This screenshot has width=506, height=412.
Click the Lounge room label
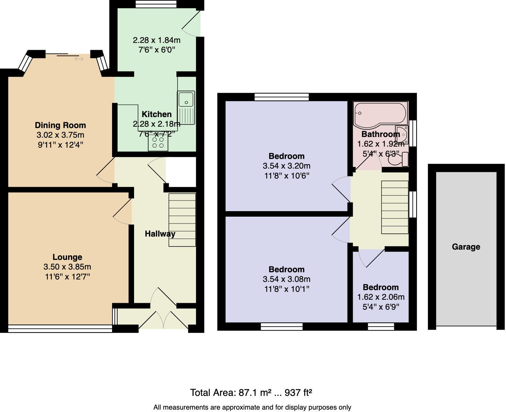pos(67,257)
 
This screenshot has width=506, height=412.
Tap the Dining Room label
pos(60,125)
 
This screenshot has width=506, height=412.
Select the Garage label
pos(466,247)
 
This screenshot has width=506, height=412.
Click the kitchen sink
pos(186,102)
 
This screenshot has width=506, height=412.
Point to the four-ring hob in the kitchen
pos(158,142)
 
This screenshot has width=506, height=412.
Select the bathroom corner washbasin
pos(402,135)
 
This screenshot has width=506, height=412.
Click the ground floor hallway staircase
pos(182,220)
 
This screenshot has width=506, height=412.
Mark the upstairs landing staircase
pos(395,207)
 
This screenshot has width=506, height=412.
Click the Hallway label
pos(160,234)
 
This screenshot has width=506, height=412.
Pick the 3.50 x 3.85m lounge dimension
pos(67,267)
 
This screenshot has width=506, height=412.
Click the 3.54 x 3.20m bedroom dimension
pos(286,166)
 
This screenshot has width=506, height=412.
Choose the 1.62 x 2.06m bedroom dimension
pos(381,297)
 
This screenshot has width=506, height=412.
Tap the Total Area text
pos(251,392)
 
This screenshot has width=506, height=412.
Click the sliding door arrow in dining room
pos(79,59)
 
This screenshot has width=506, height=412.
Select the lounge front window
pos(60,329)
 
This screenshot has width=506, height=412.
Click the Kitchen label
pos(156,114)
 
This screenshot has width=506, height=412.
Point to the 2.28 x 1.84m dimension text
pos(156,40)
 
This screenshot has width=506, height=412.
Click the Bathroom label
pos(381,134)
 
